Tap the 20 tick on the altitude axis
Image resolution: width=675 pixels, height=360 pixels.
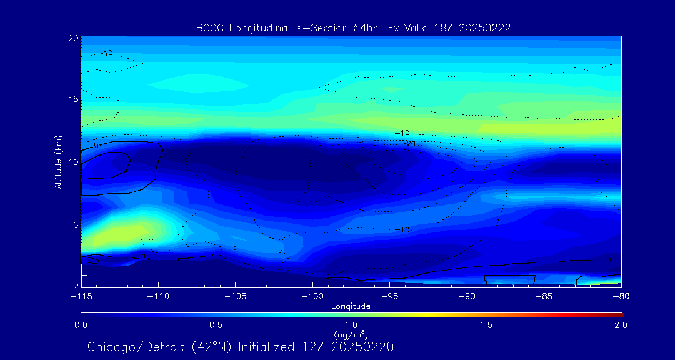pyautogui.click(x=74, y=38)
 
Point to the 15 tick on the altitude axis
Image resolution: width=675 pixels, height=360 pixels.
pyautogui.click(x=74, y=100)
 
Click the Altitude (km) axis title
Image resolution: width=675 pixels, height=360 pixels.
pyautogui.click(x=58, y=162)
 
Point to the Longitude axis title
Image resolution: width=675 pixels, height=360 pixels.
pyautogui.click(x=351, y=306)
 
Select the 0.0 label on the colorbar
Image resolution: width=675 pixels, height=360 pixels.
pyautogui.click(x=81, y=325)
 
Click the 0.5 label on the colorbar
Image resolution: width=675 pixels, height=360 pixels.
pyautogui.click(x=216, y=325)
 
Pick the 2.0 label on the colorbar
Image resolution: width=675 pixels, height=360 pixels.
pyautogui.click(x=621, y=325)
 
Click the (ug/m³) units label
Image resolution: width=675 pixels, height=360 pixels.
pyautogui.click(x=351, y=334)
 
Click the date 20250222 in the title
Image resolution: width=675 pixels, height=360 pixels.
pyautogui.click(x=489, y=27)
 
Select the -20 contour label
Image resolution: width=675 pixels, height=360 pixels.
pyautogui.click(x=411, y=144)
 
